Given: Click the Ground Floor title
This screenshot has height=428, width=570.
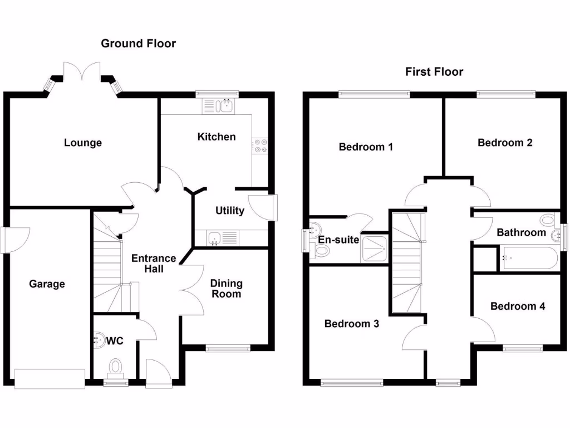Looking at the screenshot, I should point(138,43).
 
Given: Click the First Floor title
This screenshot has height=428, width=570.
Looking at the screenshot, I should point(434,71).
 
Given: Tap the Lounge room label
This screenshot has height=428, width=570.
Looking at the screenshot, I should point(83,143).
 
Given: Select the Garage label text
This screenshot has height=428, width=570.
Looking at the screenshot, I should point(47,284).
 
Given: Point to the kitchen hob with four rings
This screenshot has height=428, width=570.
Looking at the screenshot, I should point(260,145).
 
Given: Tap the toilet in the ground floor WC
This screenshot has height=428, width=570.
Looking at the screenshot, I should point(116,367).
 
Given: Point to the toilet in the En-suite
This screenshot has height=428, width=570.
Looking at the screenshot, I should point(321,251).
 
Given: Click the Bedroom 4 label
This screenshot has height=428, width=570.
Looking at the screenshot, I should point(518,306).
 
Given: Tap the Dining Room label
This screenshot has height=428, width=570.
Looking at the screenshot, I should point(226,289).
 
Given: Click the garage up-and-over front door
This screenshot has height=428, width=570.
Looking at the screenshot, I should point(50,378).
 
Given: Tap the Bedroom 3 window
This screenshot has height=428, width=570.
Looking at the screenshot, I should point(351,382).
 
